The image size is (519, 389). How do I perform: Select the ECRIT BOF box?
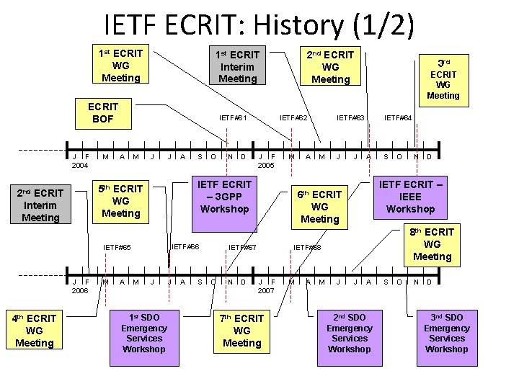(103, 112)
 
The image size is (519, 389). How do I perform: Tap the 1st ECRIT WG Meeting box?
(121, 65)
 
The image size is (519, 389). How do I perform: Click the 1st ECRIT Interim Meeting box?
(238, 66)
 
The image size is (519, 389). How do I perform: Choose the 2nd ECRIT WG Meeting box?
(330, 67)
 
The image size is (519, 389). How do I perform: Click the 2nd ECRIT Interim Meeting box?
(40, 205)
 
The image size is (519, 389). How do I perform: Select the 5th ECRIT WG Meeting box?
(121, 201)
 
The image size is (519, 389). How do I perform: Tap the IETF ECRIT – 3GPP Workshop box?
(225, 197)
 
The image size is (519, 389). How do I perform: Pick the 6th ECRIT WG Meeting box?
(319, 206)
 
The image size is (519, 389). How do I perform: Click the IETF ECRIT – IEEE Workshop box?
(410, 197)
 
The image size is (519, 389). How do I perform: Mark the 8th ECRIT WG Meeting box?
(432, 244)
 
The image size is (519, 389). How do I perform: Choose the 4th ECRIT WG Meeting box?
(35, 331)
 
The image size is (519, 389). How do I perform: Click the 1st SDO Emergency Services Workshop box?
(144, 334)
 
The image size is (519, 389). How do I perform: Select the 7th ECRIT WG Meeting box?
(242, 331)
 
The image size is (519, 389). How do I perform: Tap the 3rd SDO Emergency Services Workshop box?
(446, 334)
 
